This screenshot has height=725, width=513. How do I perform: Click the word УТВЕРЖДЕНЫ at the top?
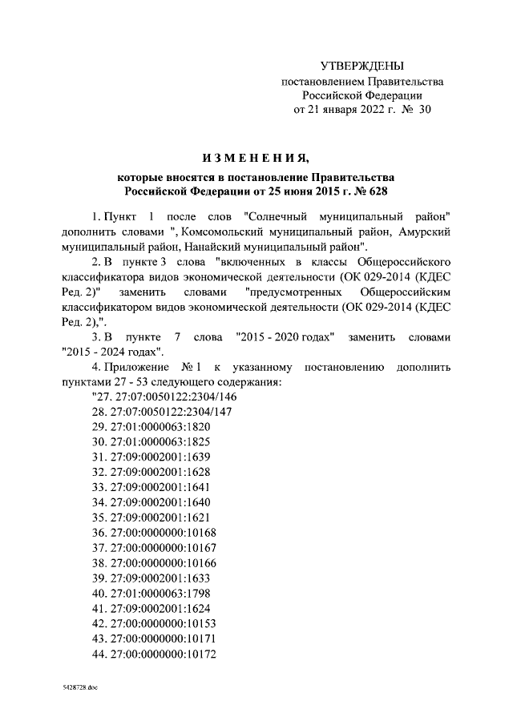[362, 66]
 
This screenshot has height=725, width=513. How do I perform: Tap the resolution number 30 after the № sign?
[425, 111]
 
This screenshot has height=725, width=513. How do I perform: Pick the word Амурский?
[422, 231]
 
